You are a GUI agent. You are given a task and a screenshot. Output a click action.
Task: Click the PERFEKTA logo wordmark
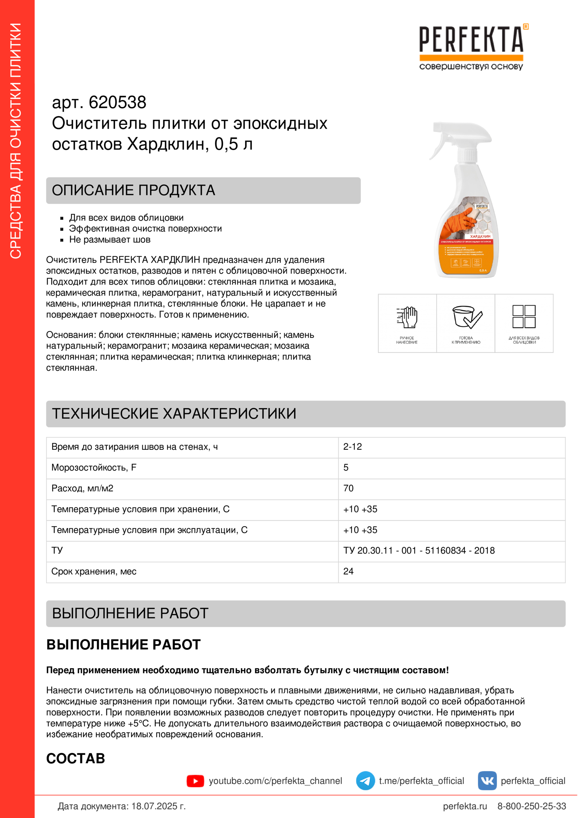pos(471,40)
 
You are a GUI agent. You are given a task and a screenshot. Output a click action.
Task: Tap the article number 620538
pos(117,102)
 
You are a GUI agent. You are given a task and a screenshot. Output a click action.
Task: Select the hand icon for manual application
pos(407,317)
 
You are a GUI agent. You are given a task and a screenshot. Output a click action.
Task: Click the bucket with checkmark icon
pos(466,317)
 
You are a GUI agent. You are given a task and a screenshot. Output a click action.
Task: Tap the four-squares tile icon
pos(524,316)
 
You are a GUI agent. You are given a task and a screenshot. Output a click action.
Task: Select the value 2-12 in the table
pos(352,447)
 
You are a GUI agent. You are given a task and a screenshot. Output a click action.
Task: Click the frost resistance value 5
pos(346,468)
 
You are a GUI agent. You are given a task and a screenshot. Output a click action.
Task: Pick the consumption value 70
pos(348,488)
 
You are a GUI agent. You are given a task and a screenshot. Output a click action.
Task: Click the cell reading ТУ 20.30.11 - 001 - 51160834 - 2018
pos(419,550)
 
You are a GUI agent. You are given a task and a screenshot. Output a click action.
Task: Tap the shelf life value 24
pos(348,571)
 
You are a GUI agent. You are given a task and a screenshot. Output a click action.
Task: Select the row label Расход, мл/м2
pos(82,488)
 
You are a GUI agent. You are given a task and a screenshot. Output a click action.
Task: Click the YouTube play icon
pos(195,781)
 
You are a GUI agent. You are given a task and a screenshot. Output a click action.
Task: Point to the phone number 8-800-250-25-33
pos(531,806)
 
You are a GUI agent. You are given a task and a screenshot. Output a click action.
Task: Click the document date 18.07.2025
pos(154,806)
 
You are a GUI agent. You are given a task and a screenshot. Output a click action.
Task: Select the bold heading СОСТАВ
pos(76,759)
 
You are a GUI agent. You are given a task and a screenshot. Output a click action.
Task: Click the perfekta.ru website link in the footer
pos(465,806)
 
